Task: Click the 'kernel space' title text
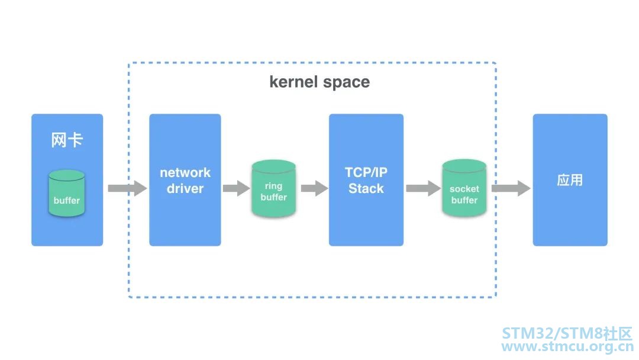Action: tap(319, 82)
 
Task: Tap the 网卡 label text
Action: tap(67, 140)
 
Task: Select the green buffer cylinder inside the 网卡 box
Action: tap(67, 193)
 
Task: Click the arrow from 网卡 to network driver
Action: tap(127, 188)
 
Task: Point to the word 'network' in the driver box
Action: tap(185, 172)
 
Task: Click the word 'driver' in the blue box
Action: tap(185, 188)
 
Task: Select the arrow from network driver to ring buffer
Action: tap(236, 188)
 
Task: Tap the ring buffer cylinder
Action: tap(273, 188)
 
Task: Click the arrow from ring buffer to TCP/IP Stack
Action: tap(314, 188)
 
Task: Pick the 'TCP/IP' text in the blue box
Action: tap(366, 172)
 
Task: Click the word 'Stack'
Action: tap(366, 188)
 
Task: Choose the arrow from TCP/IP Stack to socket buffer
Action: tap(424, 188)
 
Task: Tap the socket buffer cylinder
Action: tap(464, 188)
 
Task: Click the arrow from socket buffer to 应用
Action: tap(511, 188)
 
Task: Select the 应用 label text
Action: tap(570, 180)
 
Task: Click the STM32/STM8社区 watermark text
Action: tap(567, 333)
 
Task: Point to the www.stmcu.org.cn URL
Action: tap(567, 346)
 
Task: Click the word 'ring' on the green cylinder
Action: tap(273, 187)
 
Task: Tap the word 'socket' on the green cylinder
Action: tap(464, 189)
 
